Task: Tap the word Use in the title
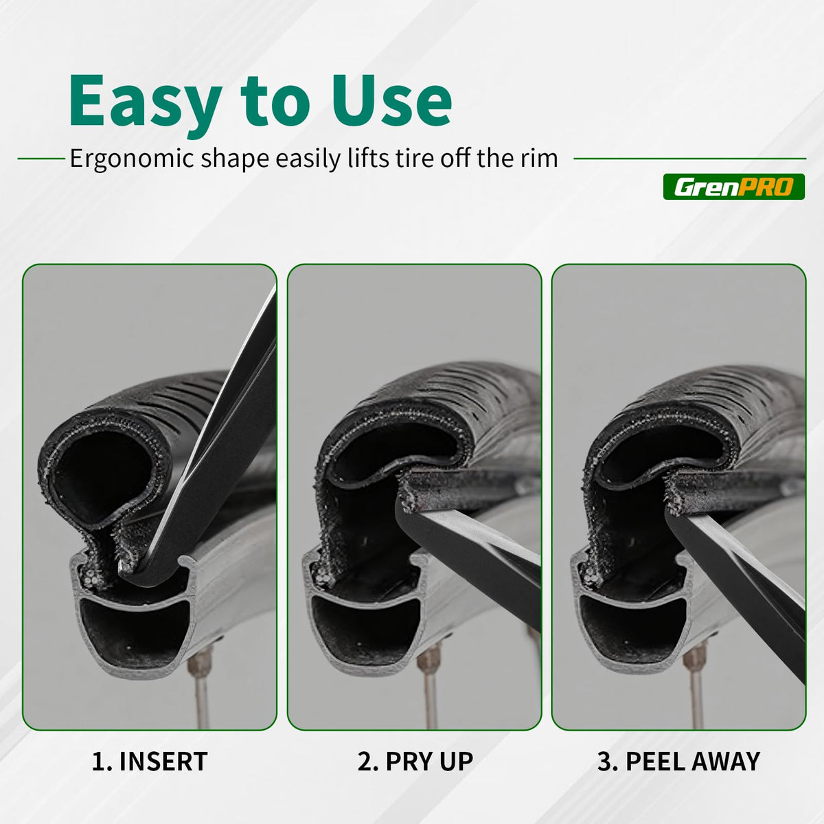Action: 392,100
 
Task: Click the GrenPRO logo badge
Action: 734,187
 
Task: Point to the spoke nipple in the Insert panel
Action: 202,665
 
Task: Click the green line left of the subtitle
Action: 41,159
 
